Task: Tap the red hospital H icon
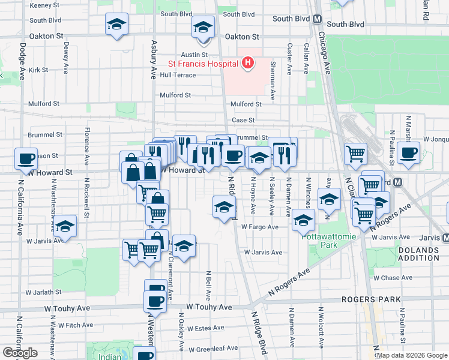pyautogui.click(x=247, y=62)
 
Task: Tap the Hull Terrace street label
pyautogui.click(x=178, y=75)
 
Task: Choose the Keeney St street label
pyautogui.click(x=47, y=5)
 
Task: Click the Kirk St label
pyautogui.click(x=38, y=70)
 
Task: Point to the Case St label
pyautogui.click(x=243, y=121)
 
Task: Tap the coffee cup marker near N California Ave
pyautogui.click(x=26, y=158)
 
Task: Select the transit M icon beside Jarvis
pyautogui.click(x=444, y=237)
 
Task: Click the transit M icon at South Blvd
pyautogui.click(x=316, y=19)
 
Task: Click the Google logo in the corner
pyautogui.click(x=20, y=353)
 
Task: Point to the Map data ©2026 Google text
pyautogui.click(x=412, y=355)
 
